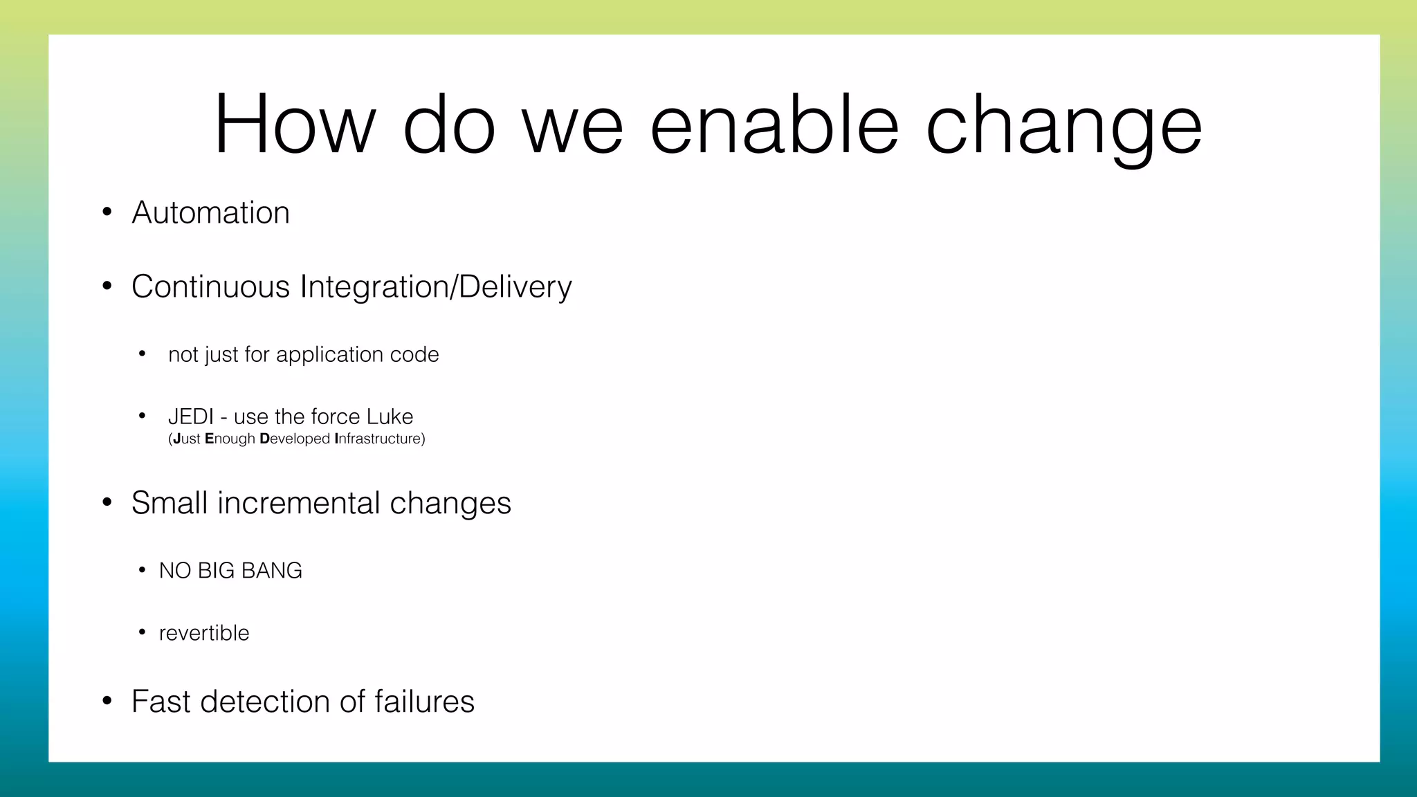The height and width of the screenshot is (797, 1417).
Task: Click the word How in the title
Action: (295, 125)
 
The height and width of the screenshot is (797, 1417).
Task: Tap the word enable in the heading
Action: (774, 125)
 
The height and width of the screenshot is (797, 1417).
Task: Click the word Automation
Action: (210, 212)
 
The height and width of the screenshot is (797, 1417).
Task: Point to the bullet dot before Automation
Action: (107, 212)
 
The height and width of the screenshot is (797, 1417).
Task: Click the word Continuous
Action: (210, 286)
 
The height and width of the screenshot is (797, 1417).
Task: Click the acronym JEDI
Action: (190, 416)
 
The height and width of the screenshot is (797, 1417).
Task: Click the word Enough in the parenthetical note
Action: (230, 439)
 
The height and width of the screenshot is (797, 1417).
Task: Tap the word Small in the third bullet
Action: (169, 503)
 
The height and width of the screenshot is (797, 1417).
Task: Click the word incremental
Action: (298, 503)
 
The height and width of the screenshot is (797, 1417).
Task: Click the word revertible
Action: (203, 633)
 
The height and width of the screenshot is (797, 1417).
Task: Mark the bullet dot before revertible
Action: (142, 632)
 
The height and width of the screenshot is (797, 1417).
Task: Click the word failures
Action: (424, 702)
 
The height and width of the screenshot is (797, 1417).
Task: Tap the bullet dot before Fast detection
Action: (107, 702)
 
